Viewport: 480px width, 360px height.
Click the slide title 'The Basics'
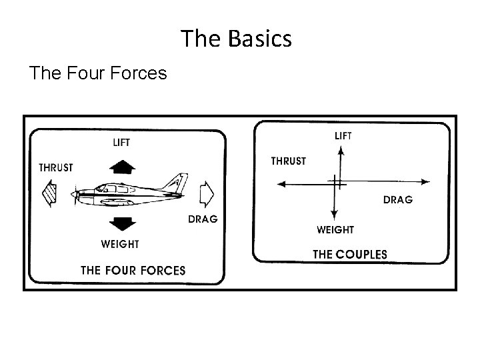[x=237, y=39]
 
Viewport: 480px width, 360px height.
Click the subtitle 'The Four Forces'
[x=97, y=73]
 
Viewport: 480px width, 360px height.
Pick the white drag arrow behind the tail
[x=206, y=194]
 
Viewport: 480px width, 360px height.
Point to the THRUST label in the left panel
[x=56, y=168]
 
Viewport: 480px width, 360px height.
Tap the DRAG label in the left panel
[x=203, y=219]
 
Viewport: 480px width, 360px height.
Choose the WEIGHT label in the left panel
[x=120, y=244]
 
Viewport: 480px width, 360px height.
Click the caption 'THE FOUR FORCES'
[x=133, y=270]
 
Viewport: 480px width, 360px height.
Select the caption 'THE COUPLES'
[x=350, y=254]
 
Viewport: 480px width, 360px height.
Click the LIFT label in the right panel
[x=343, y=135]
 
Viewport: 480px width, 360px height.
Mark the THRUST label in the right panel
[x=288, y=161]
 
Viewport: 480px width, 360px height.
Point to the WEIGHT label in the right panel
[x=335, y=230]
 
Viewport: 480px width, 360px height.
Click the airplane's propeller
[x=74, y=194]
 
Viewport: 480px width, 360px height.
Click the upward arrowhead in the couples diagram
[x=341, y=151]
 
